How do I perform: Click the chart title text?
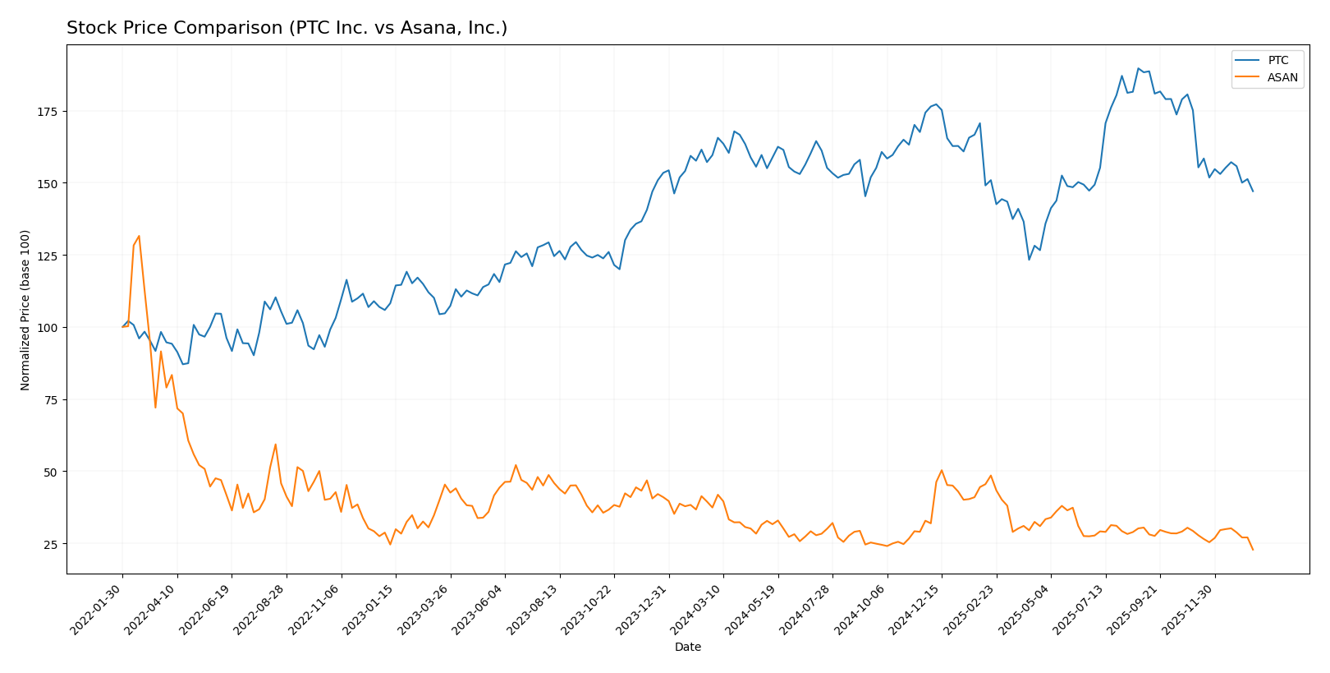(287, 28)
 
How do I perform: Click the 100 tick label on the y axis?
(49, 328)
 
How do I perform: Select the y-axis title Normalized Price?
(25, 310)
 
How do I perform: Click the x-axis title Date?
(687, 648)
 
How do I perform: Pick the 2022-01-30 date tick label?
(97, 609)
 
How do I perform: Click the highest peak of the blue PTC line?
(1138, 68)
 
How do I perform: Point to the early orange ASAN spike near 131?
(139, 236)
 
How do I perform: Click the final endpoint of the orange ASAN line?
(1253, 550)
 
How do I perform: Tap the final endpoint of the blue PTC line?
(1253, 191)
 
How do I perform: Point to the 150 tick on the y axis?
(49, 183)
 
